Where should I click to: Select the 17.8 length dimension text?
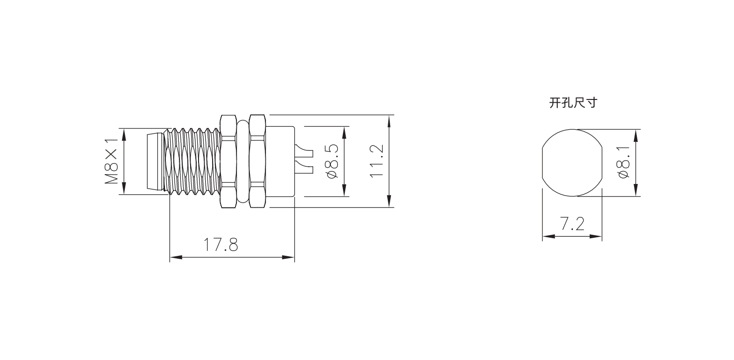(221, 245)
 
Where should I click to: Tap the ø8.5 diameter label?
(332, 161)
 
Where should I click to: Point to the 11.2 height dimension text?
(377, 161)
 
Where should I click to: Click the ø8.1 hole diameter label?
(624, 162)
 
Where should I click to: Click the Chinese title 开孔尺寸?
(573, 103)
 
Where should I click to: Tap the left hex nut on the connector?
(228, 161)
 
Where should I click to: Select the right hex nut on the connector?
(257, 161)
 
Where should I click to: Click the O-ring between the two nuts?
(243, 161)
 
